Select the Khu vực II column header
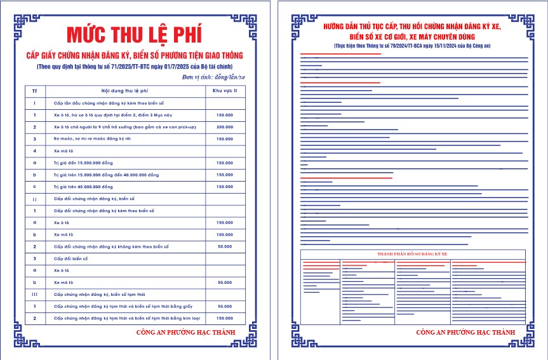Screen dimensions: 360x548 coord(224,91)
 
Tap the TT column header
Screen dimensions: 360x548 coord(34,91)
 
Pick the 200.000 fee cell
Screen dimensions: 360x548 coord(224,127)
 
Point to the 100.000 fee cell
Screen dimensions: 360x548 coord(224,234)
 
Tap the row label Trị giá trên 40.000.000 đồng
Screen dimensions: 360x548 coord(83,187)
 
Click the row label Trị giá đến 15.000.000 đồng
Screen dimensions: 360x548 coord(83,163)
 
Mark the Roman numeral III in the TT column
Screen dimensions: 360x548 coord(34,294)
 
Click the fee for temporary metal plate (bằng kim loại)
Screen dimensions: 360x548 coord(224,318)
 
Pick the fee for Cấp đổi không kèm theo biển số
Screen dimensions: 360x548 coord(224,246)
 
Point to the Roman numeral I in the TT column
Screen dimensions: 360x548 coord(34,103)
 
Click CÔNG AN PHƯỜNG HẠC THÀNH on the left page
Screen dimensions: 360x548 coord(185,332)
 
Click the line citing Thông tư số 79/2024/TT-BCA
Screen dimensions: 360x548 coord(412,46)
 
